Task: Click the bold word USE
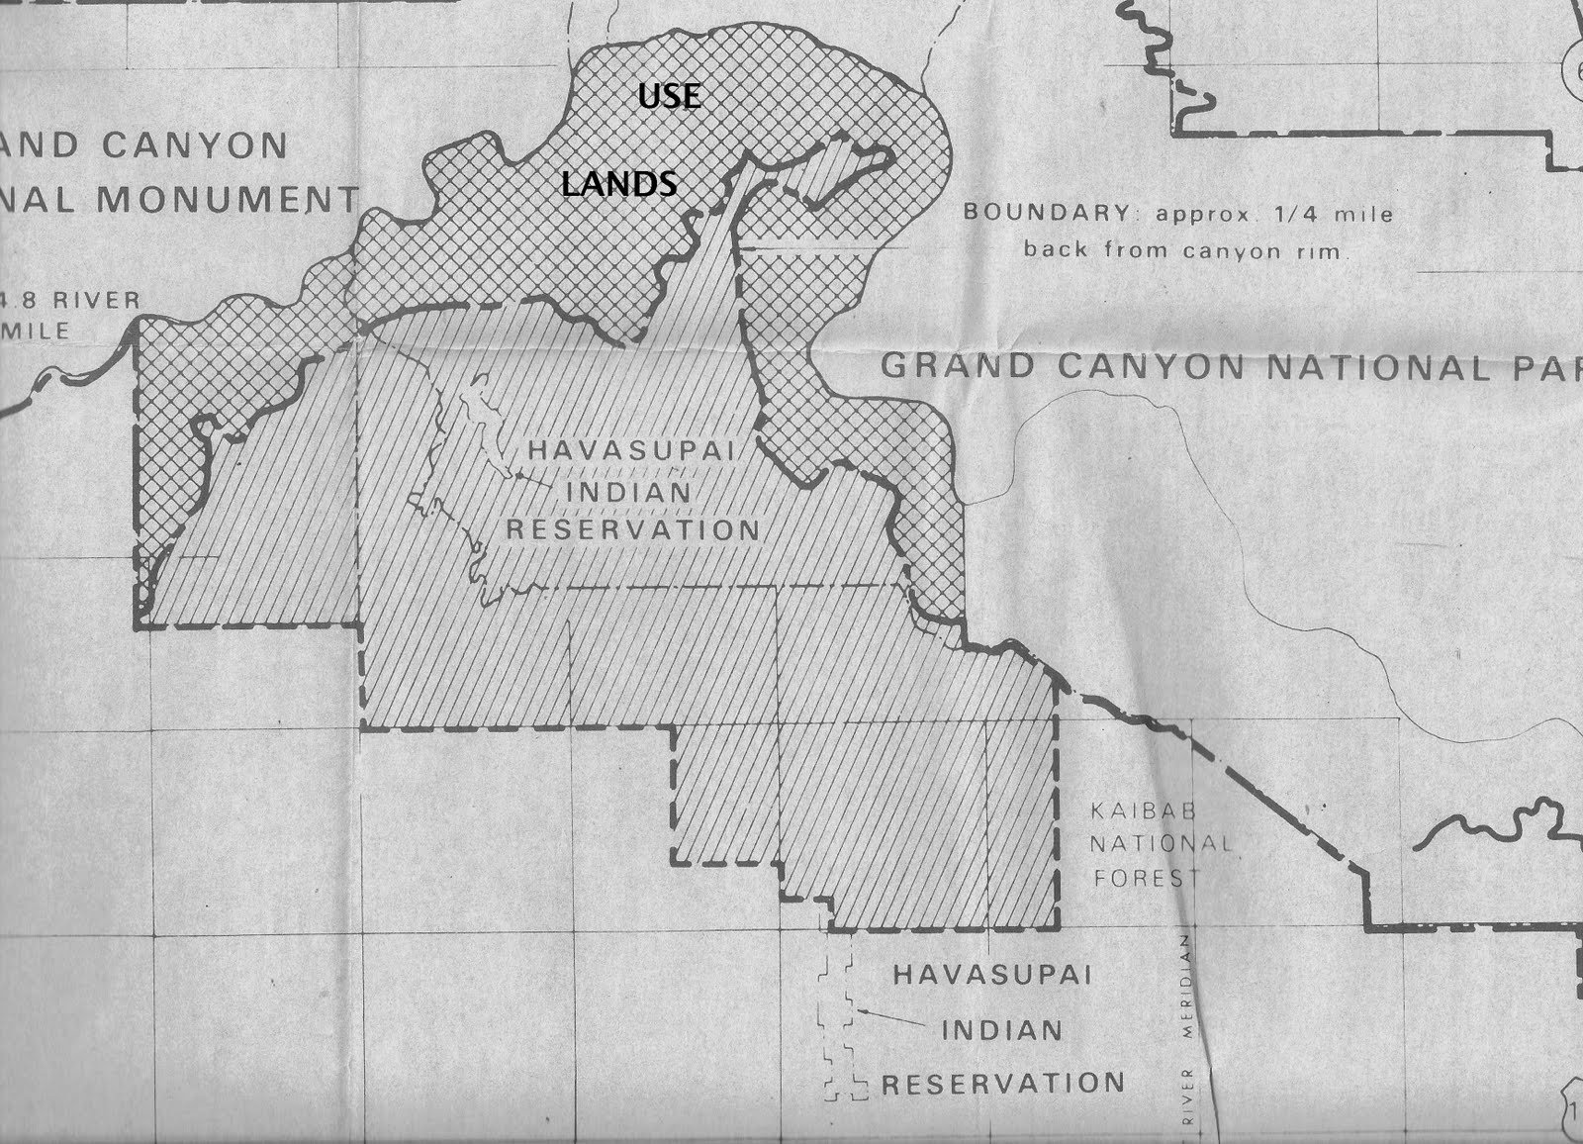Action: click(x=669, y=96)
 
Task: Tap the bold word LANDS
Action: click(x=619, y=183)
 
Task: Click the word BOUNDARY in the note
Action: click(x=1033, y=212)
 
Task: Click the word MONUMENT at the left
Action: click(x=228, y=199)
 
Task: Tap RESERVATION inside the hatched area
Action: click(x=633, y=529)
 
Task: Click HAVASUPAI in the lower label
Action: click(x=992, y=975)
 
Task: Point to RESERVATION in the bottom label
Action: click(x=1003, y=1084)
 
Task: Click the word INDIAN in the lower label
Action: click(x=1001, y=1030)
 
